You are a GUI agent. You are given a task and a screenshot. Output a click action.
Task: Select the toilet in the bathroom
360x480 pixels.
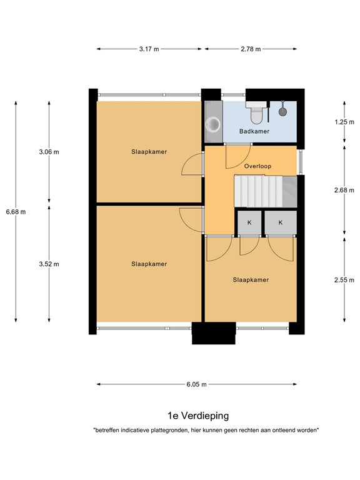tap(256, 114)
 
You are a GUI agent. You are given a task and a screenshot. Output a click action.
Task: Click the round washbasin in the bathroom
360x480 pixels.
tap(214, 124)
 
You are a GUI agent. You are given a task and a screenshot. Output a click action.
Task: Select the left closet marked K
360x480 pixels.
tap(249, 222)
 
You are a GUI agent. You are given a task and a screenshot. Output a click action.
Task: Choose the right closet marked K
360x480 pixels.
tap(280, 222)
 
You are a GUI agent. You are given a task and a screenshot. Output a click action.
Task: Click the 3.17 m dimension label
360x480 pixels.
tap(149, 49)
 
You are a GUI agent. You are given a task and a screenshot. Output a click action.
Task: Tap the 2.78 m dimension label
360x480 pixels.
tap(250, 49)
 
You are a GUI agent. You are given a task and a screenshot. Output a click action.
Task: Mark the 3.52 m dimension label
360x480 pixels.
tap(49, 264)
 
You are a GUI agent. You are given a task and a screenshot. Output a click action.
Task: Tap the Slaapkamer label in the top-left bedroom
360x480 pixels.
tap(149, 152)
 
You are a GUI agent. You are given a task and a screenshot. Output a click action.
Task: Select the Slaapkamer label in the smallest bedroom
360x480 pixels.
tap(251, 280)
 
